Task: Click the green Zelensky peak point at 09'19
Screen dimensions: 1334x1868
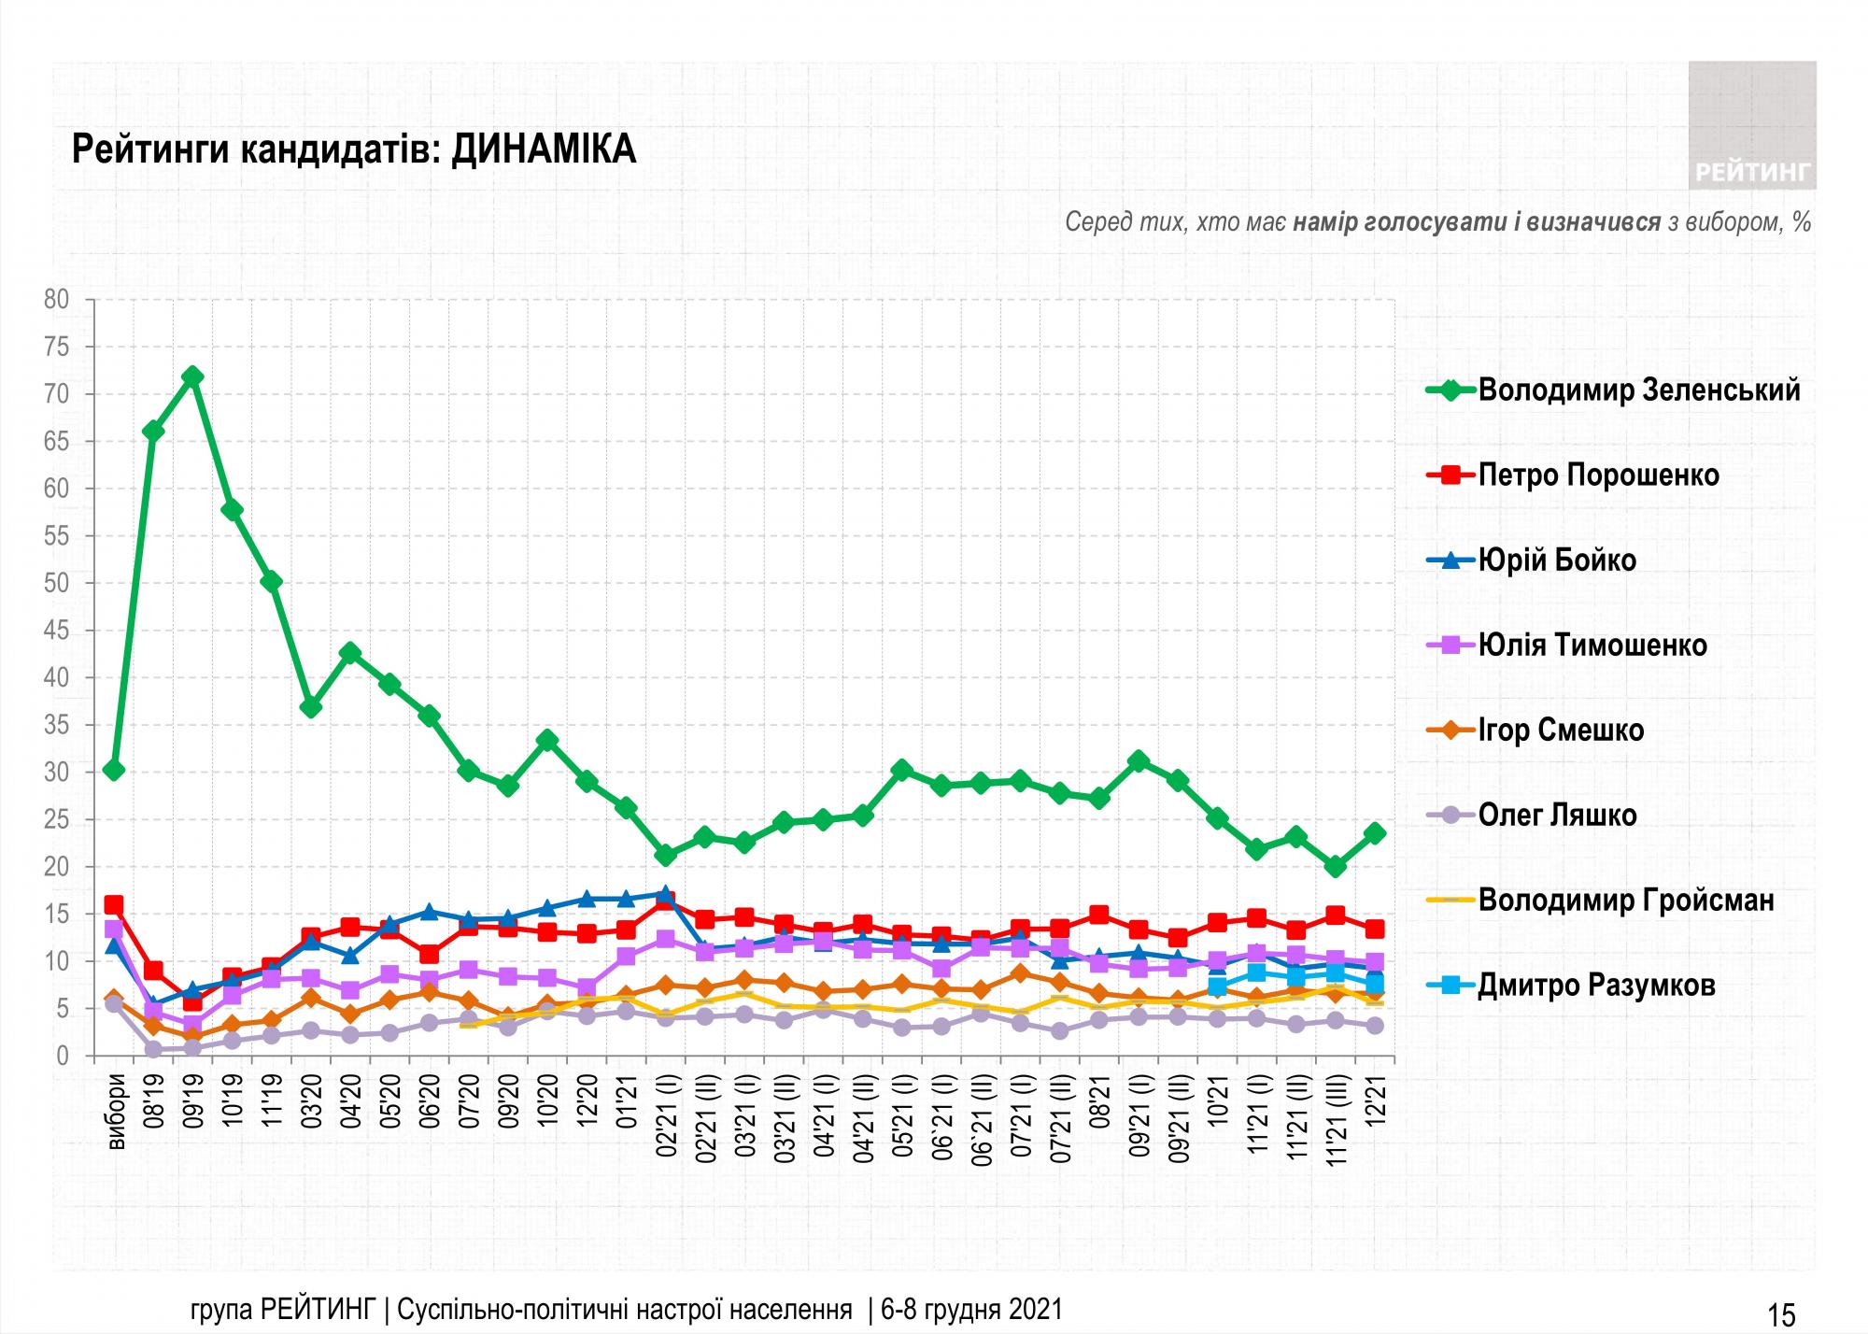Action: (x=192, y=376)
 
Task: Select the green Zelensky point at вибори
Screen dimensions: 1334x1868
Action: (x=114, y=770)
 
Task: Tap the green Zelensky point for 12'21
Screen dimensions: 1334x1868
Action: (x=1375, y=833)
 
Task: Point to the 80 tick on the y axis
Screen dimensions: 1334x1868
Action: (x=57, y=300)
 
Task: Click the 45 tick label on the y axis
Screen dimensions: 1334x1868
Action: (x=57, y=631)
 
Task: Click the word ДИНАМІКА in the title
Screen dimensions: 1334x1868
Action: (x=544, y=149)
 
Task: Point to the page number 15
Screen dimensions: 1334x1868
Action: (x=1781, y=1314)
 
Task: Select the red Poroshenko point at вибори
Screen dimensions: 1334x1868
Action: (x=114, y=905)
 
